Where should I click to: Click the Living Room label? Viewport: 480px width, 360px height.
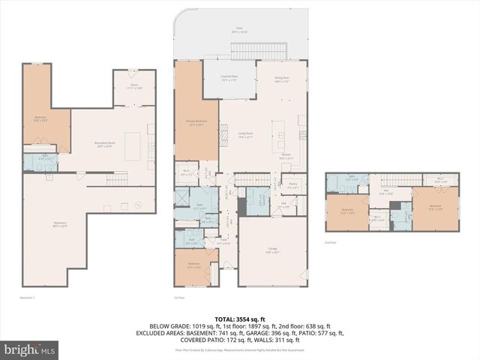click(245, 134)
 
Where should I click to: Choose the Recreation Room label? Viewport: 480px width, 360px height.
click(105, 145)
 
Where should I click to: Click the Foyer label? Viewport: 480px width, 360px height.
click(224, 241)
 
